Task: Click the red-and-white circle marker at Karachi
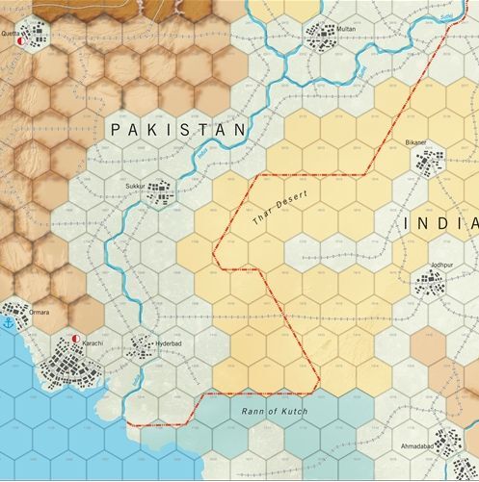pos(75,340)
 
